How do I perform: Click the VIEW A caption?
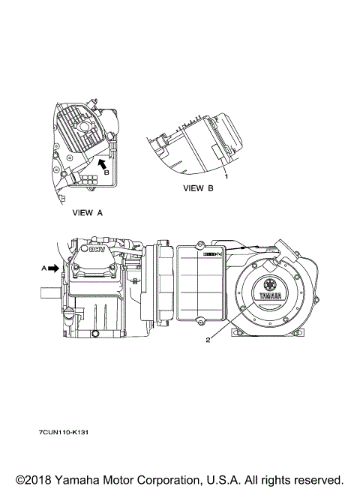87,213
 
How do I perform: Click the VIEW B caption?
198,188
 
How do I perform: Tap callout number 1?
226,176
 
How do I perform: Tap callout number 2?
208,340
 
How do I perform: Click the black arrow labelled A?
54,268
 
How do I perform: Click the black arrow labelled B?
102,163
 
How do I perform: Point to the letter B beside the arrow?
106,172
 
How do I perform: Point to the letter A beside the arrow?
44,268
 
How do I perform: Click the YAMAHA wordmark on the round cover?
271,295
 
